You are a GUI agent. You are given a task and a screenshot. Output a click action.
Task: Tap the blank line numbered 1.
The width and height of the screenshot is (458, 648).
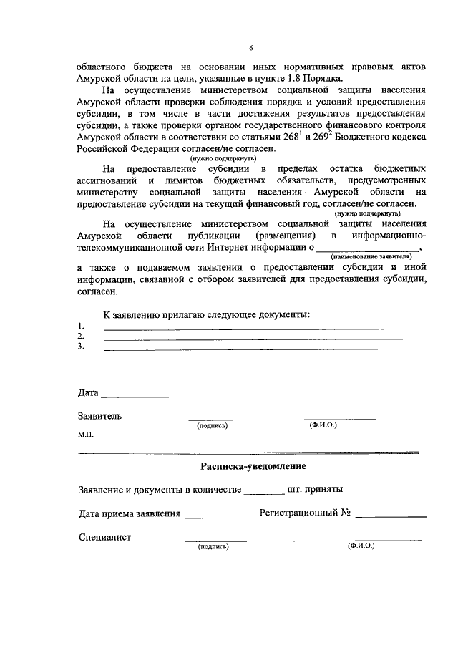click(x=253, y=327)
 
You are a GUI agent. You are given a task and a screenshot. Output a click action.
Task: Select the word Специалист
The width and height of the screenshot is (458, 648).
click(x=104, y=536)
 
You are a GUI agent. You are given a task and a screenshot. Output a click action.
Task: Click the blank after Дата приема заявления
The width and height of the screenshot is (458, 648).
click(x=215, y=516)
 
